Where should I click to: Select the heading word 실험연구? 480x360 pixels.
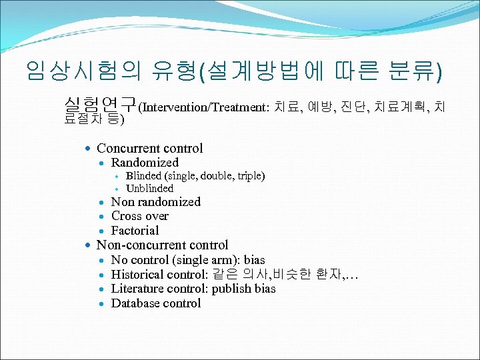pyautogui.click(x=99, y=105)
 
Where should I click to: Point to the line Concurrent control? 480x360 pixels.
pyautogui.click(x=149, y=148)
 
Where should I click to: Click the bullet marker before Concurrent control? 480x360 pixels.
pyautogui.click(x=88, y=149)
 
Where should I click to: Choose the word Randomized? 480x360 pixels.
pyautogui.click(x=145, y=163)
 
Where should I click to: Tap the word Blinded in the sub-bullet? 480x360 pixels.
pyautogui.click(x=143, y=176)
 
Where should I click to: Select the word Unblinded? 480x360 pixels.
pyautogui.click(x=149, y=189)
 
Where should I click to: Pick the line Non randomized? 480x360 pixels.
pyautogui.click(x=155, y=202)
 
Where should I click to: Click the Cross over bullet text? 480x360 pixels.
pyautogui.click(x=139, y=216)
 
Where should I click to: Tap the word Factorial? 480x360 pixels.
pyautogui.click(x=135, y=231)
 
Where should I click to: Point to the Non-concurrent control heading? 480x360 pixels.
pyautogui.click(x=162, y=245)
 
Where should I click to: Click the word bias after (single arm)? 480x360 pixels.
pyautogui.click(x=254, y=260)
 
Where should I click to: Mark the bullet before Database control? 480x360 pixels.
pyautogui.click(x=102, y=304)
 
